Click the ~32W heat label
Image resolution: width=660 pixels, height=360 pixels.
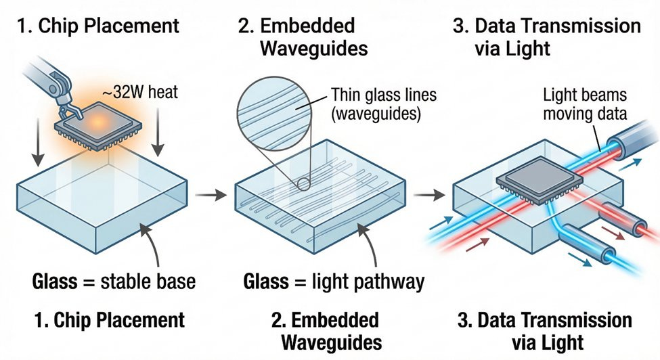(x=139, y=92)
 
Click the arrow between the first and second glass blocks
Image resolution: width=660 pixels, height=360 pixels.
(x=211, y=195)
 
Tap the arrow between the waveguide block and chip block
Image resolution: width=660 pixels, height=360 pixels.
(x=429, y=195)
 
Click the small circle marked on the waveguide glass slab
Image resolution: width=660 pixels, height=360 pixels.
(x=303, y=183)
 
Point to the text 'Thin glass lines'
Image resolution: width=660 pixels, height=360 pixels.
(x=383, y=95)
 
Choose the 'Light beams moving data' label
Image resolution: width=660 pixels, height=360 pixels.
(x=585, y=104)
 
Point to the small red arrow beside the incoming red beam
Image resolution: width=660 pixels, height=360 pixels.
(x=478, y=244)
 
